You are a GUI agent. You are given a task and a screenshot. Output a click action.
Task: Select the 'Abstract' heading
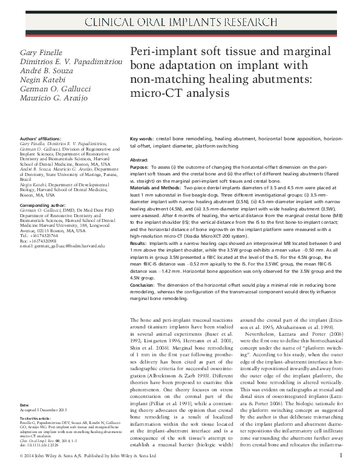pyautogui.click(x=140, y=160)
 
